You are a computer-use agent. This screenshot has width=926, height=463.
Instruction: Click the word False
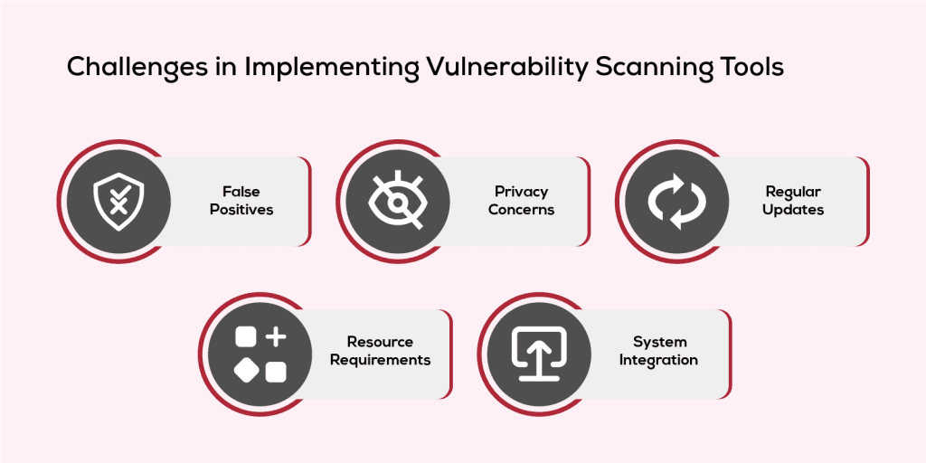(241, 192)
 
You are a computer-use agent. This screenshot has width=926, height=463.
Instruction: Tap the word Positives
(241, 210)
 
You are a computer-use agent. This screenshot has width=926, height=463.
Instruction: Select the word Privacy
(521, 192)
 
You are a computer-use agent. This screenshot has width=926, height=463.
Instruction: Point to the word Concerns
(521, 210)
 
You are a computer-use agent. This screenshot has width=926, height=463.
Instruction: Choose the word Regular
(792, 192)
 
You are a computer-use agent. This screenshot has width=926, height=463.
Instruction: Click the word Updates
(792, 210)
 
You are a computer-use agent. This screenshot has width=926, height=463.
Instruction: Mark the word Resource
(380, 342)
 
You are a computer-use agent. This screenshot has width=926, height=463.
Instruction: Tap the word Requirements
(380, 360)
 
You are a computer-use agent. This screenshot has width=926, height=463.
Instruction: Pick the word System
(659, 342)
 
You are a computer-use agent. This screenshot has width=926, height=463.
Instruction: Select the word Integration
(658, 360)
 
